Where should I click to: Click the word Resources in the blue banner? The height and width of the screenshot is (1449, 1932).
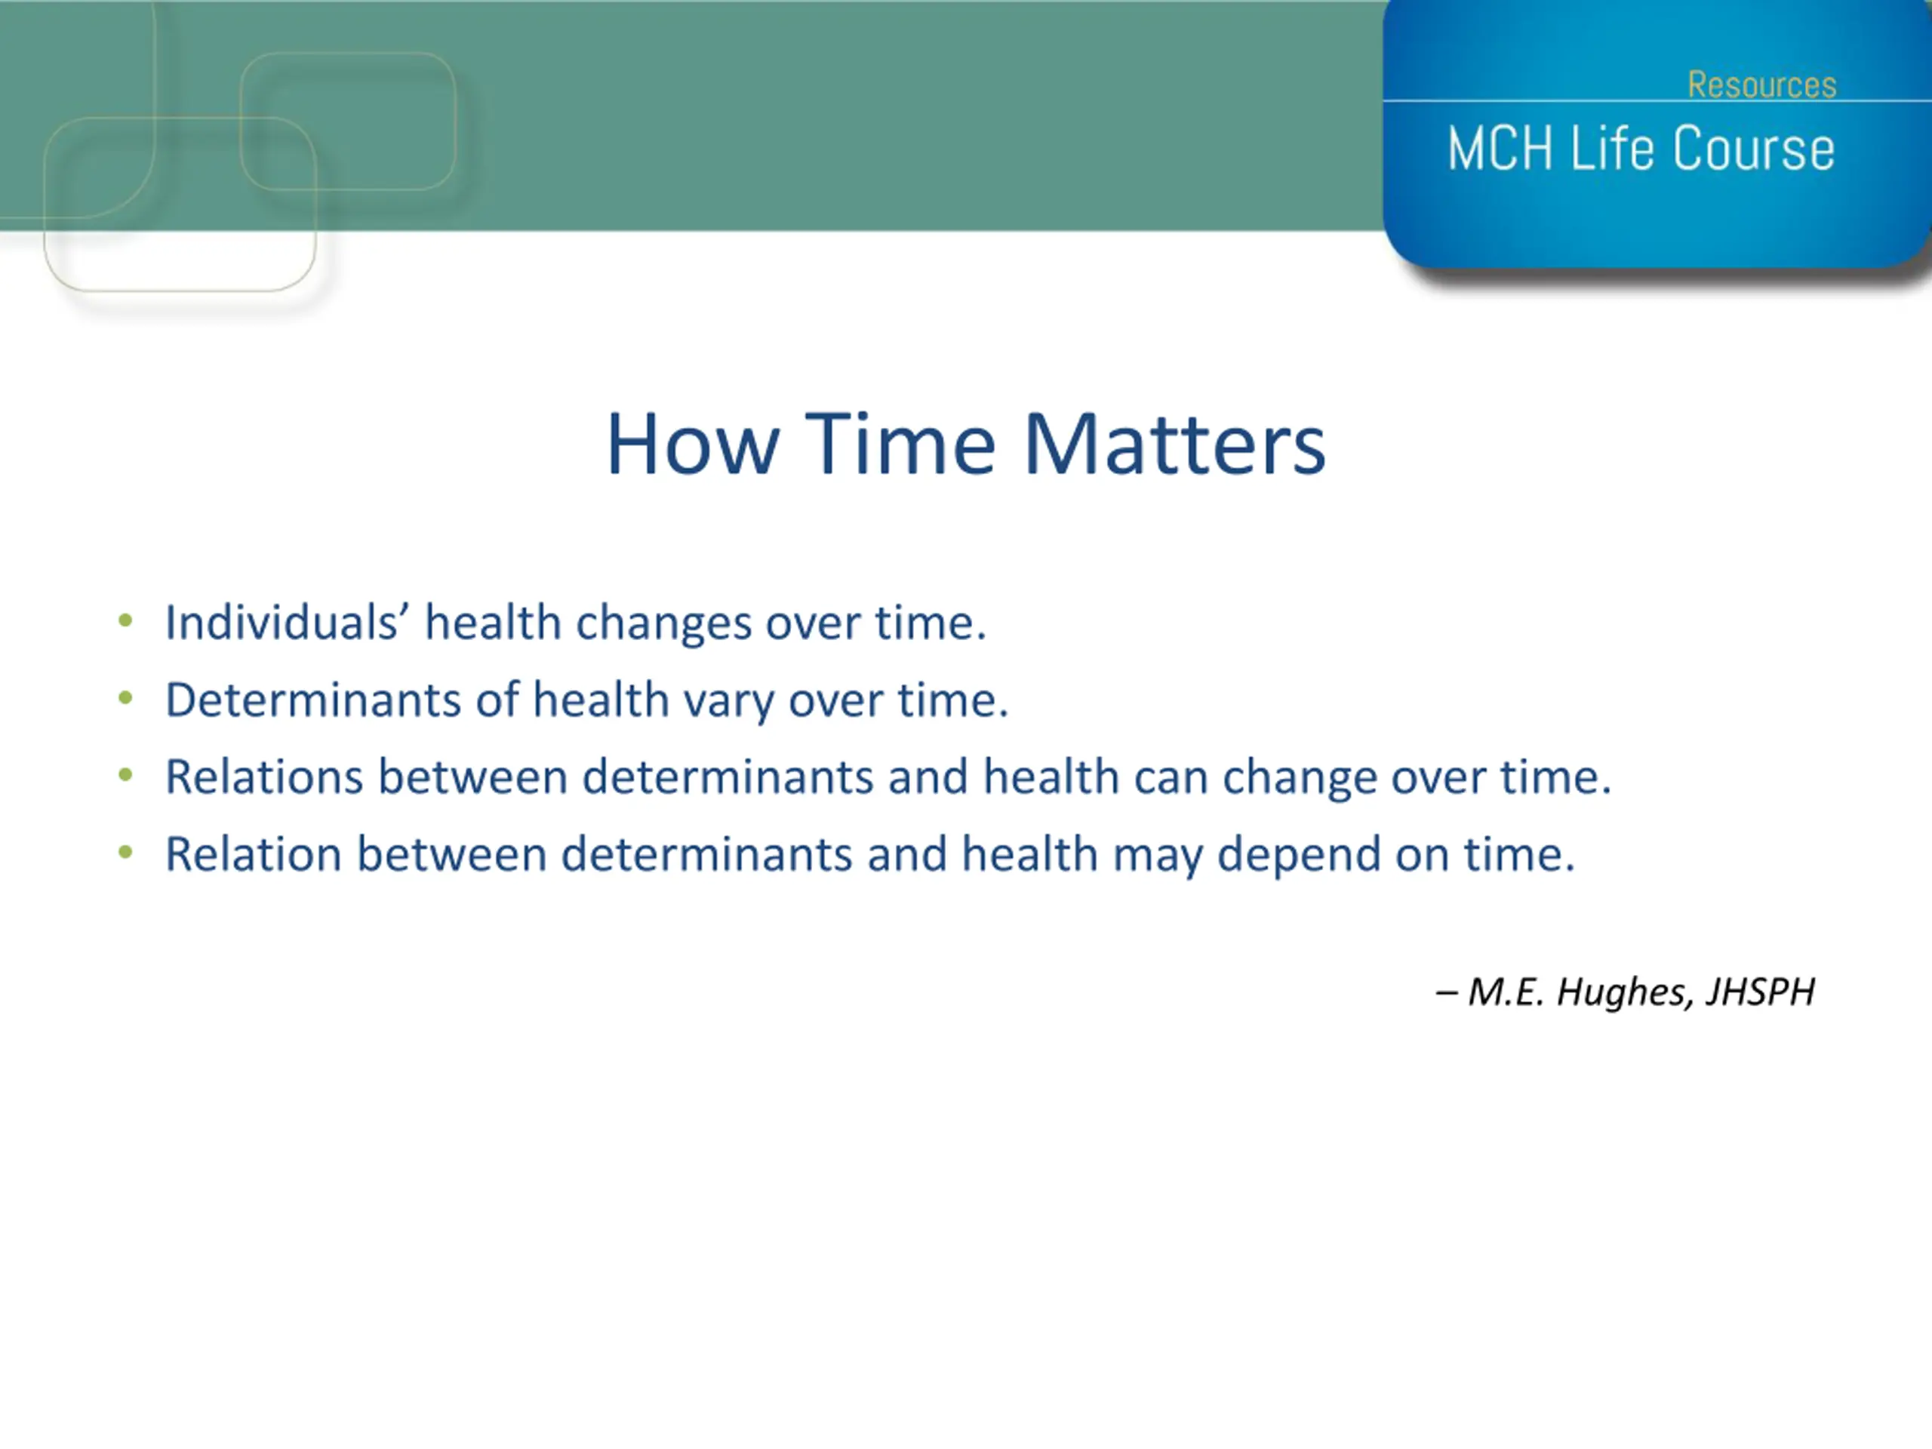(1761, 85)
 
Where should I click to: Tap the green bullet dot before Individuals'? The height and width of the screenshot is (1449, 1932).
(126, 621)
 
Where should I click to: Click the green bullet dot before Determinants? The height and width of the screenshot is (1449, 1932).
(126, 698)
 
